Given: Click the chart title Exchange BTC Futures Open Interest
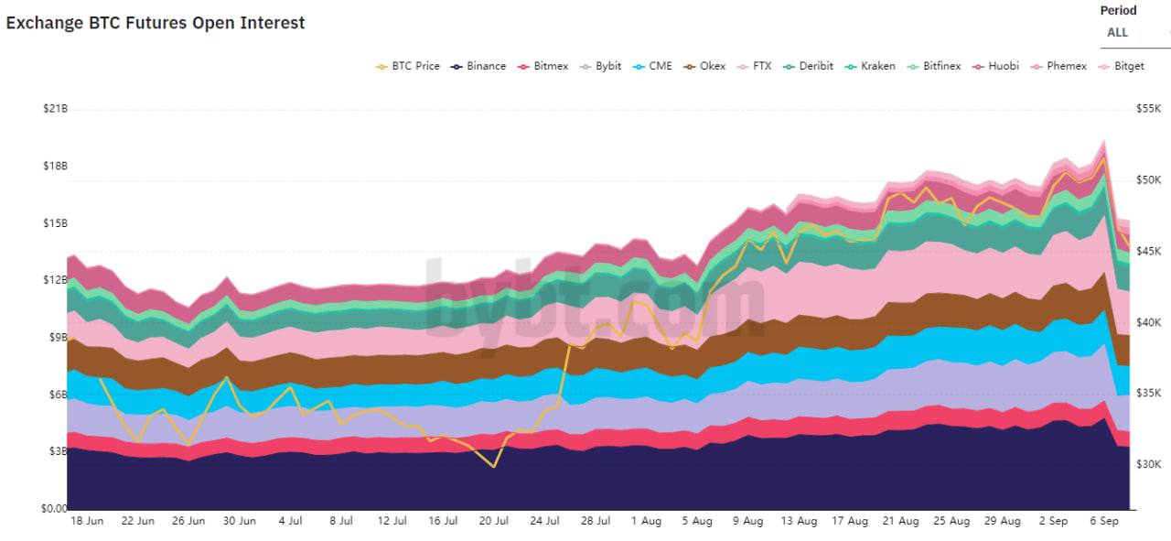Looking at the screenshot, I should [156, 24].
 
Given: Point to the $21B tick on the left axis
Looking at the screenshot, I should [55, 109].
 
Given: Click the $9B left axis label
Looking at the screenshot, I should [57, 338].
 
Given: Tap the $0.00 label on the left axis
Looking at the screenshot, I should [54, 509].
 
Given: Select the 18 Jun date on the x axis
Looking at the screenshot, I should [87, 521].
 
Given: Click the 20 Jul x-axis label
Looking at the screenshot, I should [494, 521].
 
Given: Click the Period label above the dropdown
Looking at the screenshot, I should [1118, 11].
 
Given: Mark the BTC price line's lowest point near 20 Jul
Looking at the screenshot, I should [494, 467].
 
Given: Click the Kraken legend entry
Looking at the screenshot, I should [877, 66].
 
